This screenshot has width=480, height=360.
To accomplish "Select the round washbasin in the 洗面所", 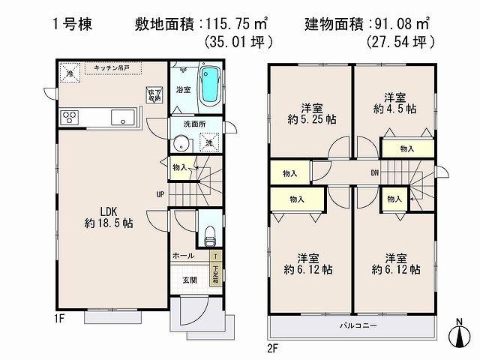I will [x=181, y=144].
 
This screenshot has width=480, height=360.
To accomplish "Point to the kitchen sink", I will [x=122, y=117].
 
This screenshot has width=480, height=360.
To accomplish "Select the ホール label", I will [x=183, y=256].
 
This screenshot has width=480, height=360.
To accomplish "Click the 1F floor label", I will [x=59, y=317].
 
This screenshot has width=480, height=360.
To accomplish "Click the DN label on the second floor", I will [x=374, y=174].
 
